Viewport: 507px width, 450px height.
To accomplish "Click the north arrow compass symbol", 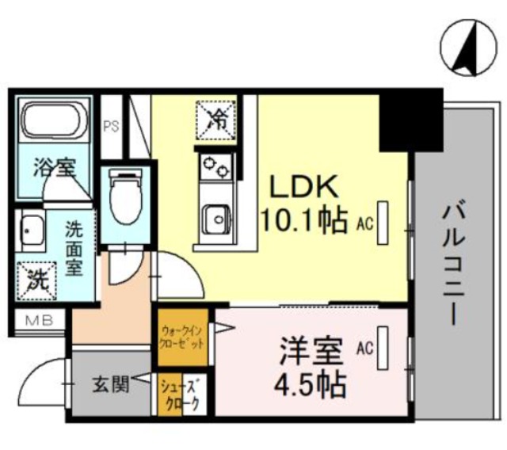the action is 468,48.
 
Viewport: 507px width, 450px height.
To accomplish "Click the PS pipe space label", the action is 111,127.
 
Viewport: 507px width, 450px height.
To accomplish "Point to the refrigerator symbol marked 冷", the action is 216,120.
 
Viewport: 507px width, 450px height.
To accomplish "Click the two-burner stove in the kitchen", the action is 215,166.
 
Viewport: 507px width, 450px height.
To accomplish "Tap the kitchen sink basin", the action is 216,219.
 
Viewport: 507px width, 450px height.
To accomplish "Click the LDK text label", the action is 304,187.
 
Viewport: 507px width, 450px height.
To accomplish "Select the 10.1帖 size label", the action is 303,220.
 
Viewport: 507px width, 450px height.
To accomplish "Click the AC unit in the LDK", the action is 383,223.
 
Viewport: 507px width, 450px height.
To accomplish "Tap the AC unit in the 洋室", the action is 383,348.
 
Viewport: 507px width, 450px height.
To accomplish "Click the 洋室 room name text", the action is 311,351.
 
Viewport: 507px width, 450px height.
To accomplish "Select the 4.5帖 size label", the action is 310,385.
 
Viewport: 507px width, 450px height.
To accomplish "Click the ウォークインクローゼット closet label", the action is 182,337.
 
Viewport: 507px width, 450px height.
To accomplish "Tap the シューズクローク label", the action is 182,394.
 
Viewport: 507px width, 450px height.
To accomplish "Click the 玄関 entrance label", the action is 111,384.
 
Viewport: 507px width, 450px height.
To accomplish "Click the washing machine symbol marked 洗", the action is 37,280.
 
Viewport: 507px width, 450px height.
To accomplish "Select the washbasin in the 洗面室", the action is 31,231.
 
